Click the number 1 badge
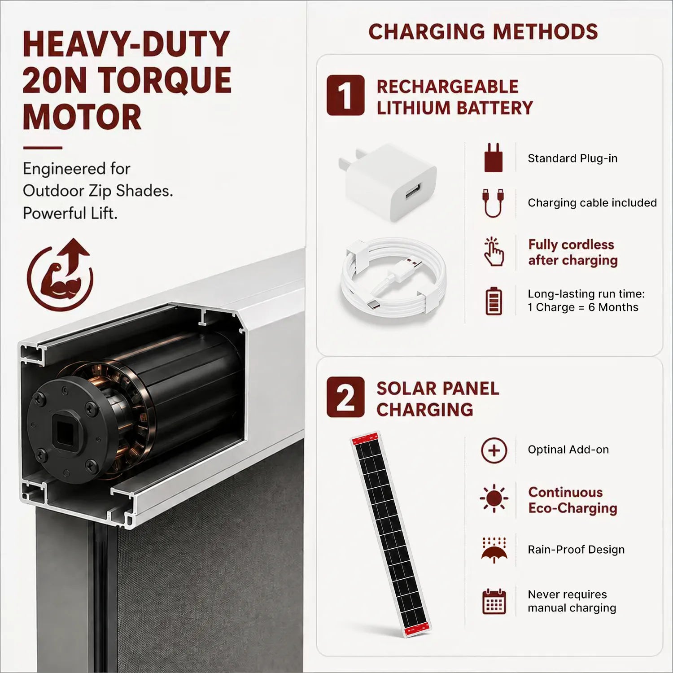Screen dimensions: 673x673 [345, 95]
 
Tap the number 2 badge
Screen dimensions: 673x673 [345, 397]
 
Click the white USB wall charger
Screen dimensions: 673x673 [388, 182]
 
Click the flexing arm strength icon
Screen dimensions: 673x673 [60, 275]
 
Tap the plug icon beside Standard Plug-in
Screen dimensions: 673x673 [494, 157]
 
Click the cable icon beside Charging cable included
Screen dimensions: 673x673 [494, 203]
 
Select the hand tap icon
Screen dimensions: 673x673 [494, 252]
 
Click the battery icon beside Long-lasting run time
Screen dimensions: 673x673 [494, 301]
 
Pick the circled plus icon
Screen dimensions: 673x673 [494, 450]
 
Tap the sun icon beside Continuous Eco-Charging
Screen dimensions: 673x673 [494, 498]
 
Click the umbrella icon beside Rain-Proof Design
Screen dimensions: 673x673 [494, 550]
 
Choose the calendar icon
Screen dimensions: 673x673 [494, 601]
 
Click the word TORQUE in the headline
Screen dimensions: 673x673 [165, 81]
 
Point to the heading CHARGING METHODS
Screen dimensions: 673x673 [483, 32]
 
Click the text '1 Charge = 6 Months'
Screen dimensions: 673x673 [583, 307]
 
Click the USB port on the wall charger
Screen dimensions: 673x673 [413, 190]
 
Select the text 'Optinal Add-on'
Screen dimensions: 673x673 [568, 450]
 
